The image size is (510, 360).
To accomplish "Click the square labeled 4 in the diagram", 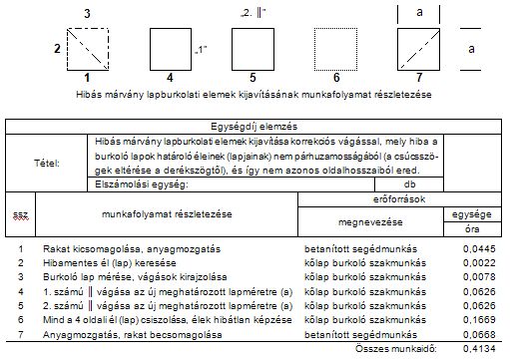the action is point(171,48).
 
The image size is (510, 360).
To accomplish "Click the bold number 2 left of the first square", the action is point(56,48).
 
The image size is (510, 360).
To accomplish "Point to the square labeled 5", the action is point(254,48).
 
